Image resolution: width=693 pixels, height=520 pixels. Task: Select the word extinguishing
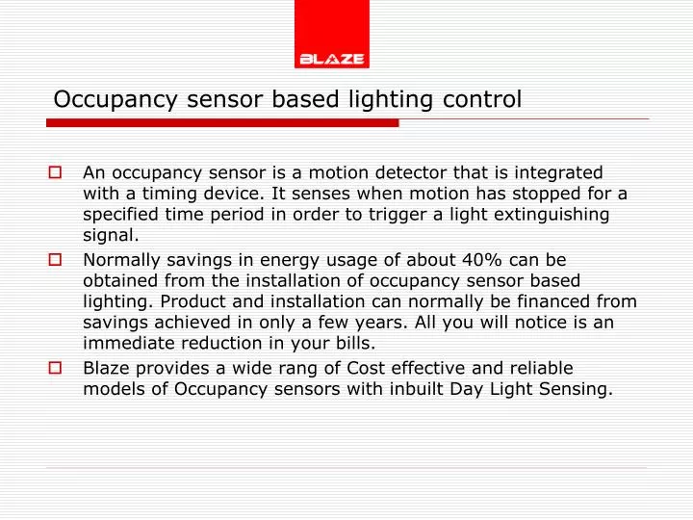(x=539, y=214)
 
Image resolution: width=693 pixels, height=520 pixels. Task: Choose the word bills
(x=352, y=342)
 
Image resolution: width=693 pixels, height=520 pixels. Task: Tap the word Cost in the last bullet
(x=349, y=368)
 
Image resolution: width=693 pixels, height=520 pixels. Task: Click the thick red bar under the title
(x=221, y=123)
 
